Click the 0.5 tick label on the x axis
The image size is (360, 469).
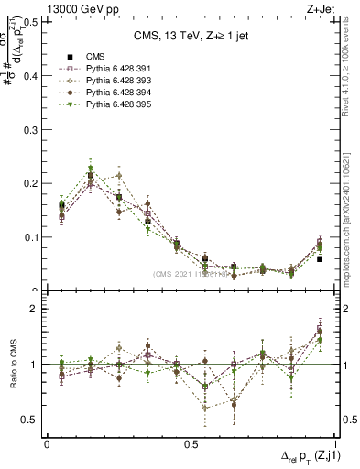[191, 444]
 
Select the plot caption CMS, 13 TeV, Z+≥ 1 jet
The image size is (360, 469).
[191, 37]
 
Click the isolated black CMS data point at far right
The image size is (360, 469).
[319, 259]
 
